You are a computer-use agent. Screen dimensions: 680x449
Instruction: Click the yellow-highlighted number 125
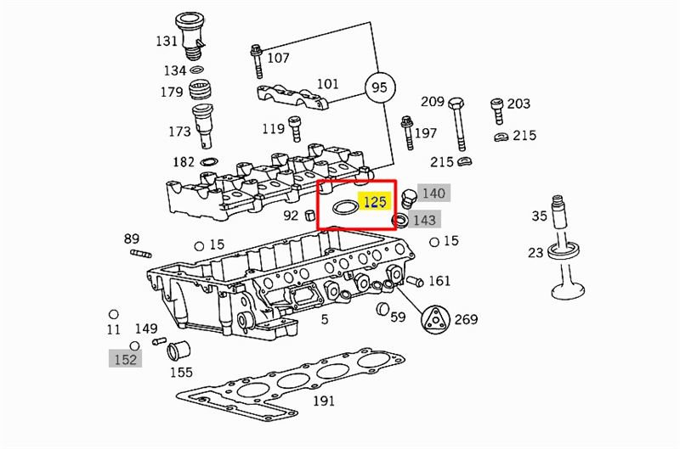point(375,202)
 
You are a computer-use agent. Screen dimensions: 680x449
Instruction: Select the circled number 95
point(379,87)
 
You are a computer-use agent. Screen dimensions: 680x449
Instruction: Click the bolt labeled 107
point(257,61)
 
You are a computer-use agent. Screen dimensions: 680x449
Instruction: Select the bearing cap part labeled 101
point(292,98)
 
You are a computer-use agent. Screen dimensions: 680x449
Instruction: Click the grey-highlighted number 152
point(125,359)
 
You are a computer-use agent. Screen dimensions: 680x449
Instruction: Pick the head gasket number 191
point(324,401)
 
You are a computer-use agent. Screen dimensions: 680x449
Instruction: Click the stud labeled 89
point(140,253)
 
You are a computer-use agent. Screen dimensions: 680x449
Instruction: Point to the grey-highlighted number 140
point(433,193)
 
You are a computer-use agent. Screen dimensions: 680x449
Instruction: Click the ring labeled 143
point(399,221)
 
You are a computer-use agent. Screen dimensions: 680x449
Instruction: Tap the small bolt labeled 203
point(497,111)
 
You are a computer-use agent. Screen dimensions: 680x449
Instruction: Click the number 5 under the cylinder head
point(325,319)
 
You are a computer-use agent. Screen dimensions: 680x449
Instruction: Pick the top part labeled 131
point(190,36)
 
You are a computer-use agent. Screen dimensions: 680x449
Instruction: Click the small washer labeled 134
point(197,70)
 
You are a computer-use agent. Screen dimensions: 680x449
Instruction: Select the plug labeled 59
point(382,309)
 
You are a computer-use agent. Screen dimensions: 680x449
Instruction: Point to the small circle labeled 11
point(114,314)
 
